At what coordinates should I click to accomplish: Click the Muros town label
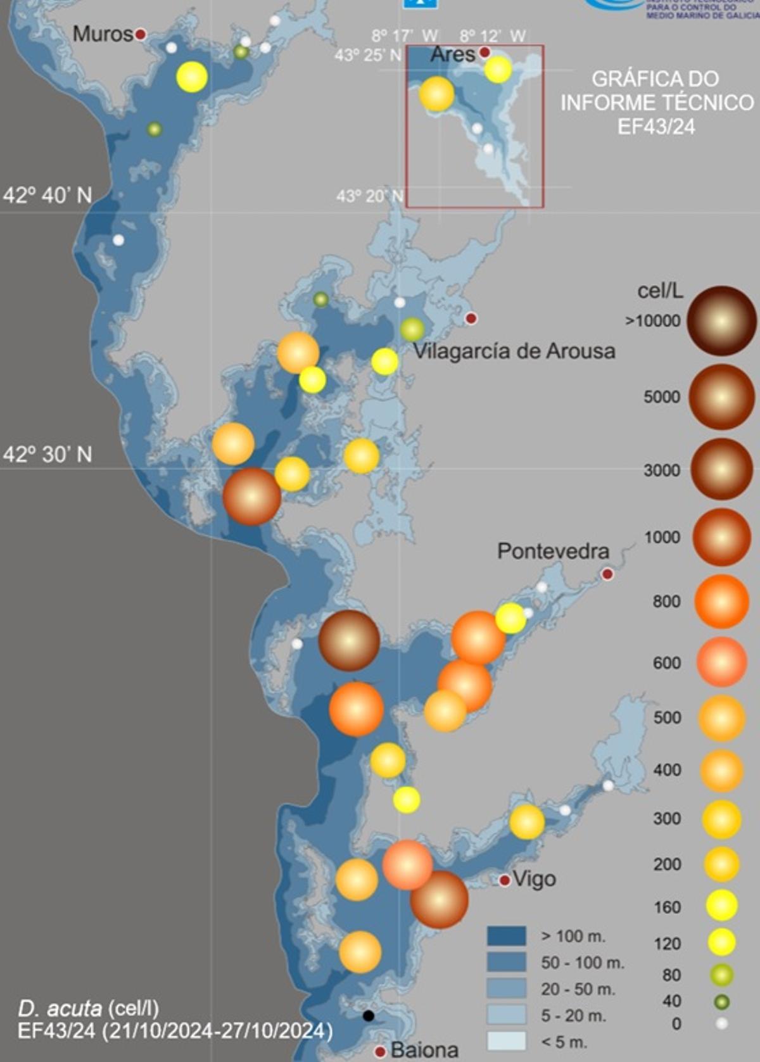point(102,34)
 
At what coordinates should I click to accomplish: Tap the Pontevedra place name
point(553,551)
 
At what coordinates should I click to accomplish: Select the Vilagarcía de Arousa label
point(514,351)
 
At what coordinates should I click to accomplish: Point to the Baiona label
point(424,1049)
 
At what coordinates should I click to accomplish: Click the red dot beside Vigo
point(505,880)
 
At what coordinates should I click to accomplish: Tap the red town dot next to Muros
point(141,34)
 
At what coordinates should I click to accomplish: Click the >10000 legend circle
point(721,320)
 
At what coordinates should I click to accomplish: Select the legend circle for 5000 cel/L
point(721,397)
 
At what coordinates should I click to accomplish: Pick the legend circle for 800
point(721,602)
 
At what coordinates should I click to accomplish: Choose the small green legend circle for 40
point(721,1002)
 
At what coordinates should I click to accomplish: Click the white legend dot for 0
point(721,1023)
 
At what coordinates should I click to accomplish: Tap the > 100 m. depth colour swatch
point(506,936)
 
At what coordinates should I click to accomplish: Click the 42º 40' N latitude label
point(47,195)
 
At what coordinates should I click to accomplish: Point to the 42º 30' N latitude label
point(47,454)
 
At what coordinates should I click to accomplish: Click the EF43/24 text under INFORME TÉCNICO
point(656,127)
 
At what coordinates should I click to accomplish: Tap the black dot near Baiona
point(368,1016)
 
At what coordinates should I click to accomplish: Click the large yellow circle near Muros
point(192,77)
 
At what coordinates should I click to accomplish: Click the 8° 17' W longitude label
point(405,36)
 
